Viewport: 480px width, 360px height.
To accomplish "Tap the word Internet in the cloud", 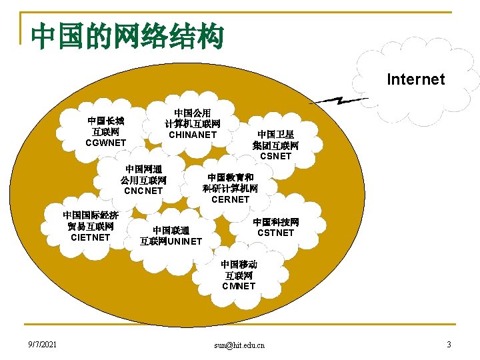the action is [x=415, y=79].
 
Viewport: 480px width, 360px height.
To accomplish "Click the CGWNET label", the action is [x=106, y=143].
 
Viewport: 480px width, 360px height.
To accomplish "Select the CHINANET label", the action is [x=193, y=135].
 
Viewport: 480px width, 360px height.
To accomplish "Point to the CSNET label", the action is [x=275, y=156].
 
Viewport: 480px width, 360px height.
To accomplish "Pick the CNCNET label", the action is [x=143, y=191].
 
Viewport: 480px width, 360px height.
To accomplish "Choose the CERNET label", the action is [x=230, y=199].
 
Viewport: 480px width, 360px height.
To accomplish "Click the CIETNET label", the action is [x=91, y=237].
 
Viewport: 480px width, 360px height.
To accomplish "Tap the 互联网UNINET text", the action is [x=171, y=241].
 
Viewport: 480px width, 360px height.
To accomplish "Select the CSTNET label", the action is [x=275, y=233].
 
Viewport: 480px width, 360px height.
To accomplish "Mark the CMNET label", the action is [x=239, y=286].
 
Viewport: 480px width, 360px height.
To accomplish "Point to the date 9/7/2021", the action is [x=42, y=345].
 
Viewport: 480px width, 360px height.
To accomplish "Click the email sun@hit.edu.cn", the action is [x=239, y=345].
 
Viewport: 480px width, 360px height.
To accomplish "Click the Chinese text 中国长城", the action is [x=106, y=121].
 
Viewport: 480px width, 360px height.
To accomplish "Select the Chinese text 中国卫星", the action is [x=275, y=135].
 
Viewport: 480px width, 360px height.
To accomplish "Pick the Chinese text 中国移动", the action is [x=239, y=265].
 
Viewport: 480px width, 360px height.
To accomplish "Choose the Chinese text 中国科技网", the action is [x=275, y=221].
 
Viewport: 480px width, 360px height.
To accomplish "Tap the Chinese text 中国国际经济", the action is [x=91, y=215].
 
